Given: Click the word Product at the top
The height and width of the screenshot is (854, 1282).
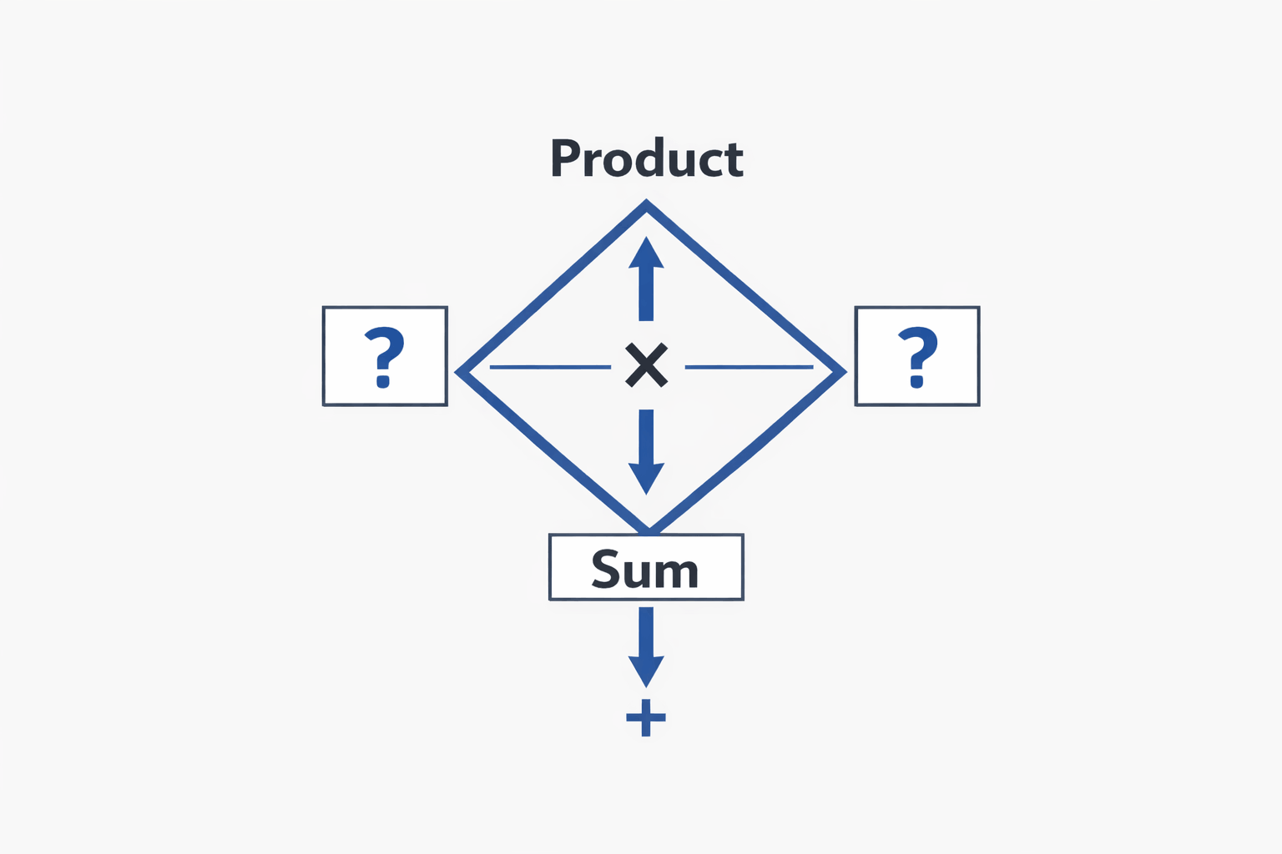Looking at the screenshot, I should [x=647, y=157].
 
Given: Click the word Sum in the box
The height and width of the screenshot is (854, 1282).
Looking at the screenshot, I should [x=645, y=569].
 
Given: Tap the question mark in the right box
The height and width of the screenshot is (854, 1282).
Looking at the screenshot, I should [x=917, y=357].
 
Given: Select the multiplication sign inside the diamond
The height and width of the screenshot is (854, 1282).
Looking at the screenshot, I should [x=646, y=365].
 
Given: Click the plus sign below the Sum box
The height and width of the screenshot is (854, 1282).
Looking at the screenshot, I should [x=646, y=716].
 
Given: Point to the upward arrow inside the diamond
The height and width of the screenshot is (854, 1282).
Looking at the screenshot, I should [x=646, y=279].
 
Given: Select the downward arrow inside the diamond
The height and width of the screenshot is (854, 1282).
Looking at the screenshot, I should [x=646, y=451].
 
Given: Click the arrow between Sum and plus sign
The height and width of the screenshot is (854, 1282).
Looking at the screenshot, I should [x=646, y=646].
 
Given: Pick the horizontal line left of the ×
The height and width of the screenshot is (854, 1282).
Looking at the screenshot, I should [x=550, y=366].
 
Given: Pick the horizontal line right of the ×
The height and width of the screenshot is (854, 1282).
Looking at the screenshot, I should [x=749, y=366].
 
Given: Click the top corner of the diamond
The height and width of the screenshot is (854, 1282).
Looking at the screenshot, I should [x=646, y=203].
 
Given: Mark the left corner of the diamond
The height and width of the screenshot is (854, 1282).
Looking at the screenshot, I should [x=458, y=372].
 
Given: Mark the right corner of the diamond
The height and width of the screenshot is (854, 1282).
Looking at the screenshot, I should [x=843, y=372].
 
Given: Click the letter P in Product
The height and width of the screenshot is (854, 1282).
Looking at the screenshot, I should [x=565, y=158].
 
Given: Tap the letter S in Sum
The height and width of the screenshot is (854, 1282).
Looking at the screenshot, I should [x=605, y=570].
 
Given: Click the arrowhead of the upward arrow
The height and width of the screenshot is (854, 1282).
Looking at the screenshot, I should [x=646, y=253].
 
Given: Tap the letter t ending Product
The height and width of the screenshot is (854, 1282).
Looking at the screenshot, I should [x=734, y=160].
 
